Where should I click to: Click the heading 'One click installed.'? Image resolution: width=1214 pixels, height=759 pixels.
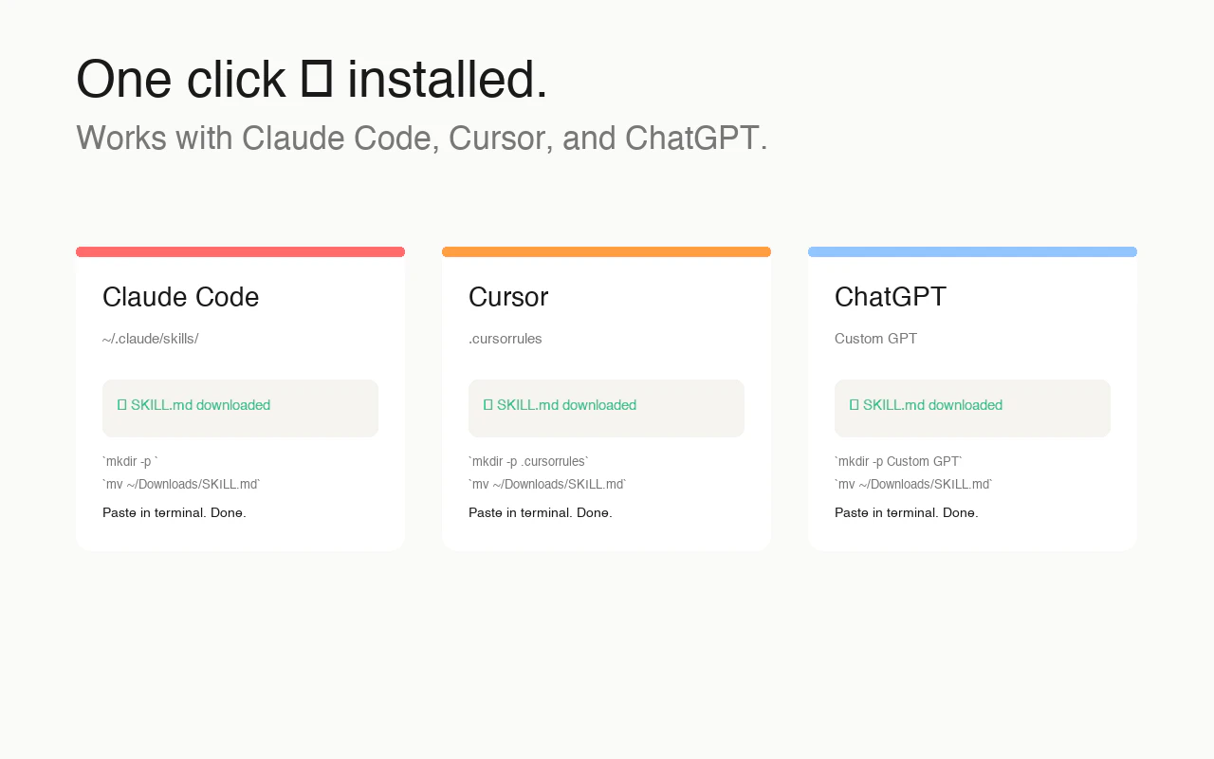(312, 79)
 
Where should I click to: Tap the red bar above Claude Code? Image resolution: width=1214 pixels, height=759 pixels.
(240, 251)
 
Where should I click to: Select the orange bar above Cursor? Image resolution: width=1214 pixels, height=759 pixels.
(606, 251)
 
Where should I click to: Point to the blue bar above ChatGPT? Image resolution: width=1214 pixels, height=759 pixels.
(972, 251)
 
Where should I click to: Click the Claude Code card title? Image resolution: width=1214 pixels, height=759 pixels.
(180, 297)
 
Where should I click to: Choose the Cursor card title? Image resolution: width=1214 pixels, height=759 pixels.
(508, 297)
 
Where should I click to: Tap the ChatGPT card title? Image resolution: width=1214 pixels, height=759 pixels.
(891, 297)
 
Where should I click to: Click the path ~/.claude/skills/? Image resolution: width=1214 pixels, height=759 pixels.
(150, 339)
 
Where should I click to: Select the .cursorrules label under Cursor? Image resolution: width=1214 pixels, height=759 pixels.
(506, 339)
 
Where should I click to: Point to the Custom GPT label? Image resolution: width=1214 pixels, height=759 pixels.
(875, 339)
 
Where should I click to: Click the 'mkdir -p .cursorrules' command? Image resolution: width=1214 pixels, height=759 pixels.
(528, 461)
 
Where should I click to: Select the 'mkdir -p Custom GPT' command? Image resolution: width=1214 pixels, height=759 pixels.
(898, 461)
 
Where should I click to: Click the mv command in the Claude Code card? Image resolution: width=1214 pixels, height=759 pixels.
(181, 484)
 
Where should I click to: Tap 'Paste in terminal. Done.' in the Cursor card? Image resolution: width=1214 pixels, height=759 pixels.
(541, 513)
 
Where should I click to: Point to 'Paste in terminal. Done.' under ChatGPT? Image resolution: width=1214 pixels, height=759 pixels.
(906, 513)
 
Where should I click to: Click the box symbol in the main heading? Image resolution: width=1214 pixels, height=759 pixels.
(317, 79)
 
